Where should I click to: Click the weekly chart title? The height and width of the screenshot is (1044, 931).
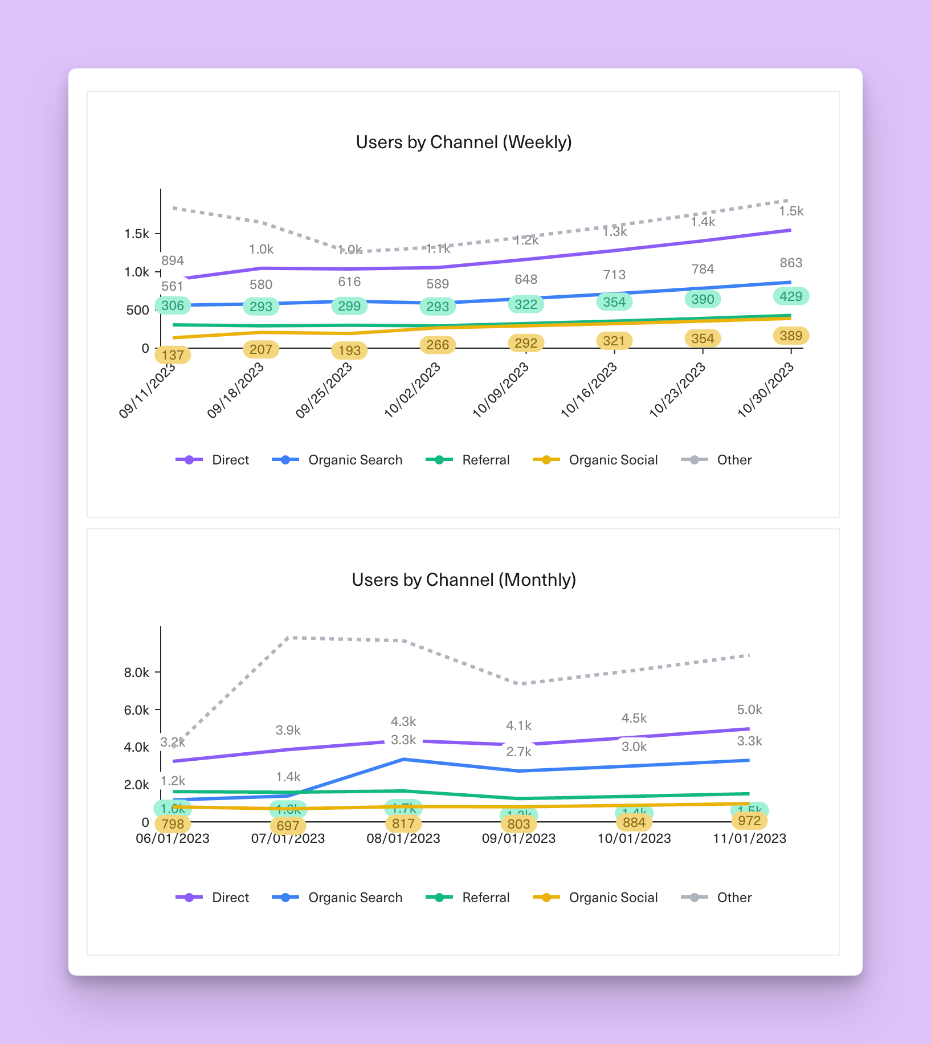pos(464,142)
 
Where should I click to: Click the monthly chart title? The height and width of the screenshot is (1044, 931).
pos(464,580)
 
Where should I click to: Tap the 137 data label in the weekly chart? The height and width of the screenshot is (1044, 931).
pos(173,355)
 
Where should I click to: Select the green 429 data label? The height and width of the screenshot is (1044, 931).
pos(791,296)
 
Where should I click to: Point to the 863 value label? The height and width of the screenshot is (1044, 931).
pos(791,263)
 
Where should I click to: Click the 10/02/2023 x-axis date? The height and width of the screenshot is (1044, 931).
pos(413,390)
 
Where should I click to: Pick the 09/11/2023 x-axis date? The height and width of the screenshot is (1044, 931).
pos(148,390)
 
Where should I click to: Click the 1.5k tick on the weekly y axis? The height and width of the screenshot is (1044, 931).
pos(137,234)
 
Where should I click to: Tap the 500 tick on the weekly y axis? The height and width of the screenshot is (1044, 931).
pos(138,311)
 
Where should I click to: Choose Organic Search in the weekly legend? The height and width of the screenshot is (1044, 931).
pos(355,460)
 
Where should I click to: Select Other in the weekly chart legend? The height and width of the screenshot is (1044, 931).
pos(734,460)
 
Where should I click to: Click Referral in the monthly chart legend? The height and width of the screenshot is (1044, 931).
pos(485,898)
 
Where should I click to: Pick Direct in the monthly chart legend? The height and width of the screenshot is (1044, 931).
pos(230,898)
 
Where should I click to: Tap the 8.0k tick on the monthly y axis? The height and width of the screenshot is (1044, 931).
pos(137,672)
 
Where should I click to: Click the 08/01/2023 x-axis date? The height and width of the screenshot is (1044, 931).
pos(403,838)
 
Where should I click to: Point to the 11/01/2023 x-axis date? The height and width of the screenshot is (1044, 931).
pos(749,838)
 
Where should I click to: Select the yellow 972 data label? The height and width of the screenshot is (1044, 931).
pos(749,821)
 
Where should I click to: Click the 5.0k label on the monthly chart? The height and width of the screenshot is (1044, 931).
pos(749,709)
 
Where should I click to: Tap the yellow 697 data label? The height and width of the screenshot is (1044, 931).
pos(288,826)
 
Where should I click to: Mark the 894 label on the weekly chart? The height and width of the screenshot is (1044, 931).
pos(173,260)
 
